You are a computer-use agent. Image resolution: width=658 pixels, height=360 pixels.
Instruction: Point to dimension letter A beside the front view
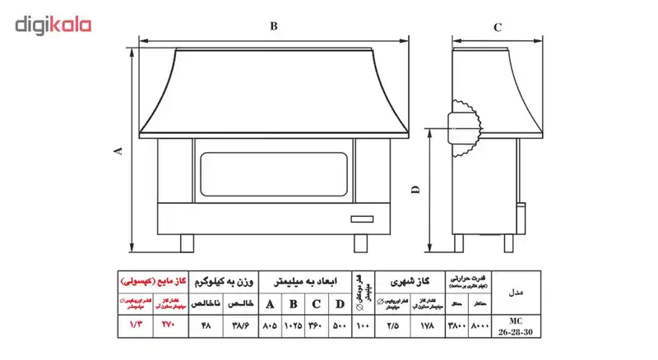(x=118, y=150)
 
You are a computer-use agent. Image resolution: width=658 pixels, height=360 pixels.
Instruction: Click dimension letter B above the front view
(x=274, y=25)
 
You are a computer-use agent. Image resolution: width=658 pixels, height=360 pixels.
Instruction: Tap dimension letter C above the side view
(x=497, y=26)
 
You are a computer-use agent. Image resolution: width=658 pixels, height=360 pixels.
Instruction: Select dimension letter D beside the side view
(x=416, y=191)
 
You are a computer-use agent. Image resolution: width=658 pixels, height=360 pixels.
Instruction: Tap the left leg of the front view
(x=187, y=242)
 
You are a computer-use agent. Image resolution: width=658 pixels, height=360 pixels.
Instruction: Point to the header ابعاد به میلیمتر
(x=305, y=280)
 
